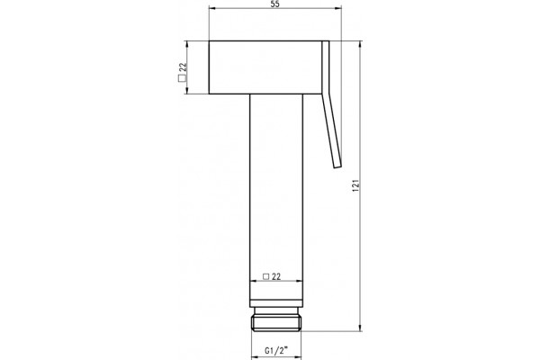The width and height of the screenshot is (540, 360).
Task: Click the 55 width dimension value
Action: [x=275, y=4]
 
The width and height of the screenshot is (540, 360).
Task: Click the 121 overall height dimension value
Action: [x=356, y=185]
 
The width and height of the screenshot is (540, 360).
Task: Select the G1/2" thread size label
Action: [x=276, y=351]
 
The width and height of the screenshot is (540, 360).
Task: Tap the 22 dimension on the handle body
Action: [x=276, y=276]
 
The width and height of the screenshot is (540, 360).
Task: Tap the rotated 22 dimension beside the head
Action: [x=183, y=67]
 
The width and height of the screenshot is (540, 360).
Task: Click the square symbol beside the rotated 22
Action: [x=182, y=78]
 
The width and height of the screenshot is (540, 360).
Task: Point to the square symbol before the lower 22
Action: [x=265, y=276]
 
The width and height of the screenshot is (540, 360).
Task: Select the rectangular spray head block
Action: [x=265, y=67]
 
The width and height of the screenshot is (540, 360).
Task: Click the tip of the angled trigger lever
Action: [x=337, y=166]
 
